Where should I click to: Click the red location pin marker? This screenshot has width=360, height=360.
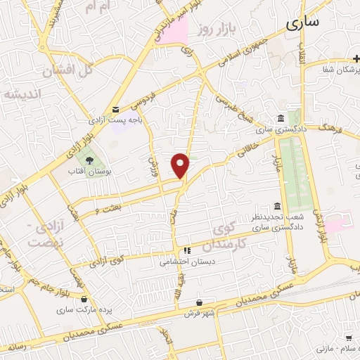181,165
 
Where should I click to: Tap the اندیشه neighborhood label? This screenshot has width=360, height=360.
22,94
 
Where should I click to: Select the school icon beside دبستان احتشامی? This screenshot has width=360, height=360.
186,250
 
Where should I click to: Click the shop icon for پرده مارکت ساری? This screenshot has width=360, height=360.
84,298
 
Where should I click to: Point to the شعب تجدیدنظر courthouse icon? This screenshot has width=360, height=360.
277,207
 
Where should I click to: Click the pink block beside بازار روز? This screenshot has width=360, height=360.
172,32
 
